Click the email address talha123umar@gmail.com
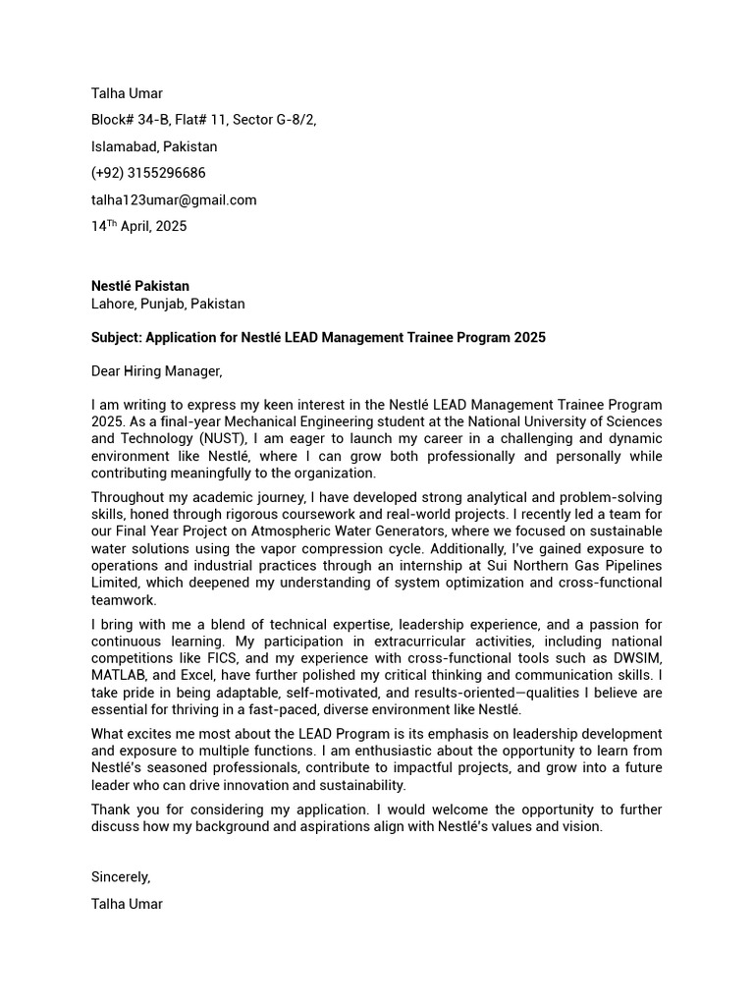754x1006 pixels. pyautogui.click(x=174, y=199)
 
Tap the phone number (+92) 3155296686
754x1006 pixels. pyautogui.click(x=148, y=173)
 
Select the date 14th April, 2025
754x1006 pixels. pyautogui.click(x=138, y=226)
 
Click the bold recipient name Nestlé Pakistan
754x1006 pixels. pyautogui.click(x=140, y=286)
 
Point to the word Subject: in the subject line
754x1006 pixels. pyautogui.click(x=117, y=337)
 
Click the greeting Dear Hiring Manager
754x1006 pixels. pyautogui.click(x=157, y=370)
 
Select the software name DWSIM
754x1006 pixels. pyautogui.click(x=636, y=659)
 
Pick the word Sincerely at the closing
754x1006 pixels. pyautogui.click(x=120, y=876)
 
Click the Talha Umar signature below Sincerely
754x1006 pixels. pyautogui.click(x=127, y=904)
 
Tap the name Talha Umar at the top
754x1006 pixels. pyautogui.click(x=127, y=93)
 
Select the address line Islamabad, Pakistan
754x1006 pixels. pyautogui.click(x=154, y=146)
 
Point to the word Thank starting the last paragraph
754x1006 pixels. pyautogui.click(x=111, y=810)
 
